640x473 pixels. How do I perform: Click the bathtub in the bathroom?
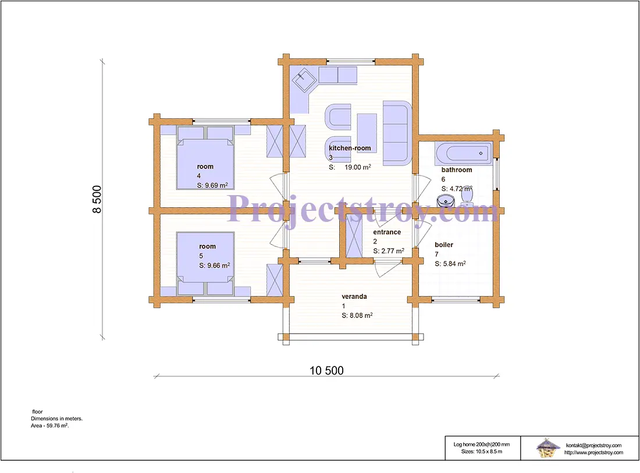[463, 153]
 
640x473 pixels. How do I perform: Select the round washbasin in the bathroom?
[446, 201]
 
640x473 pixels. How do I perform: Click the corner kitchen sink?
[303, 80]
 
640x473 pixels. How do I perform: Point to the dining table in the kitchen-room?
[367, 133]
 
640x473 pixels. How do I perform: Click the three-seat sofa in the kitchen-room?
[397, 133]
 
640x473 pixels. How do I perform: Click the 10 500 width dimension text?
[326, 370]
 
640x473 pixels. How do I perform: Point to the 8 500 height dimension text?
[97, 199]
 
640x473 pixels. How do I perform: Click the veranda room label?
[354, 296]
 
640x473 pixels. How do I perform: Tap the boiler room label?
[444, 245]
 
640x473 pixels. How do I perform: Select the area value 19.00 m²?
[358, 167]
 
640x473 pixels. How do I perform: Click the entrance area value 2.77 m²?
[392, 250]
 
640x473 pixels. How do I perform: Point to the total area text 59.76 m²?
[58, 426]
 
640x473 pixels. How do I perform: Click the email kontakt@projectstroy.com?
[593, 445]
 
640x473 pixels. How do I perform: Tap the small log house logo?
[547, 447]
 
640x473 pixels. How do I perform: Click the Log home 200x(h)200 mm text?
[482, 444]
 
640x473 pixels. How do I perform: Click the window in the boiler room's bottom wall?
[456, 300]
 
